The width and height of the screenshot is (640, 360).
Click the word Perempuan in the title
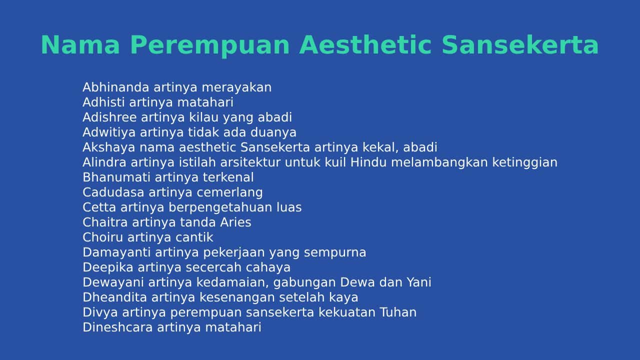click(210, 45)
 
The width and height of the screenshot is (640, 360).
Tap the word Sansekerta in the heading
click(520, 45)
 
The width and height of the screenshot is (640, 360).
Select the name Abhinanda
click(115, 87)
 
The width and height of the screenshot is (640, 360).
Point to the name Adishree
click(109, 117)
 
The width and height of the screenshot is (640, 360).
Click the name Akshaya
click(108, 147)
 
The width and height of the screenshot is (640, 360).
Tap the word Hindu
click(368, 162)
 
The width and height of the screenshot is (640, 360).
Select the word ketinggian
click(524, 163)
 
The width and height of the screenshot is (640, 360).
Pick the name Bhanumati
click(116, 177)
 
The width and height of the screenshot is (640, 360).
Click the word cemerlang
click(229, 193)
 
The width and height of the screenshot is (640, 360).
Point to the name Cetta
click(99, 207)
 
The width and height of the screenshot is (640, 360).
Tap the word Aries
click(235, 222)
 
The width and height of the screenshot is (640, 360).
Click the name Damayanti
click(116, 253)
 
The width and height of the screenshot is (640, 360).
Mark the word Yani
click(419, 282)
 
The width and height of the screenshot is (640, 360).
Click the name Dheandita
click(114, 297)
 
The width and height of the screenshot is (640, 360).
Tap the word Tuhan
click(398, 312)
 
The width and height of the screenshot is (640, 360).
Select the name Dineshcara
click(117, 327)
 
